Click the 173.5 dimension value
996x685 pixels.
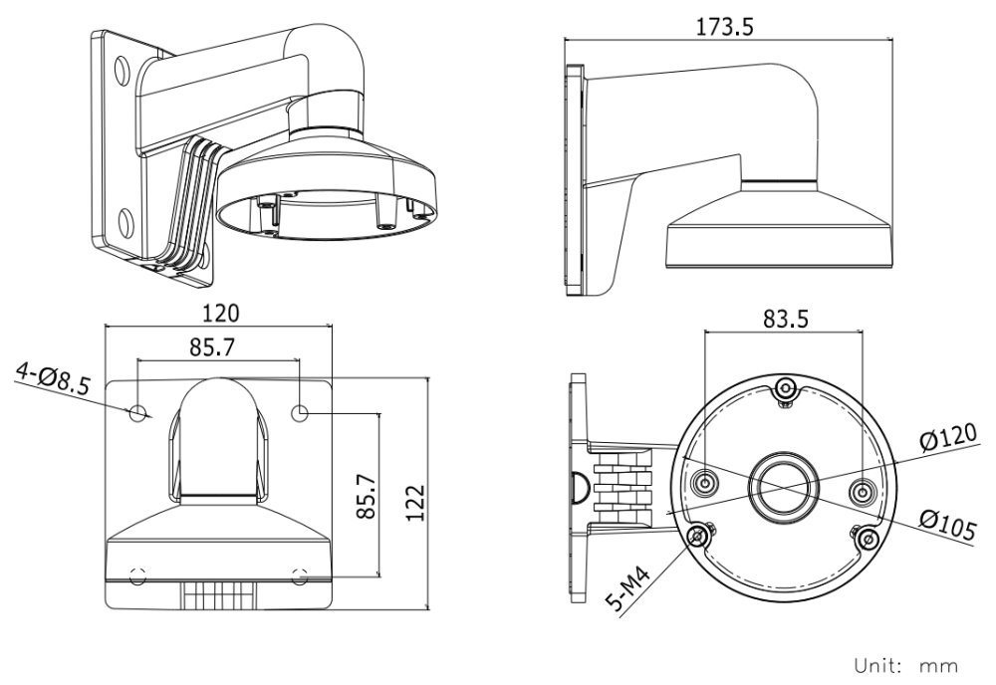click(x=725, y=27)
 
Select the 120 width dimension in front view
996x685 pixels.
click(x=219, y=313)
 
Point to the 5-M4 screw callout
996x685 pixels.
click(x=629, y=586)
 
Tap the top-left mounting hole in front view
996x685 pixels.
click(x=139, y=411)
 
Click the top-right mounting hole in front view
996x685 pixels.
click(x=301, y=411)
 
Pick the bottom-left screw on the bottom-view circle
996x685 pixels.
click(x=699, y=538)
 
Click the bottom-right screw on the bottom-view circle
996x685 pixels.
click(x=869, y=538)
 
